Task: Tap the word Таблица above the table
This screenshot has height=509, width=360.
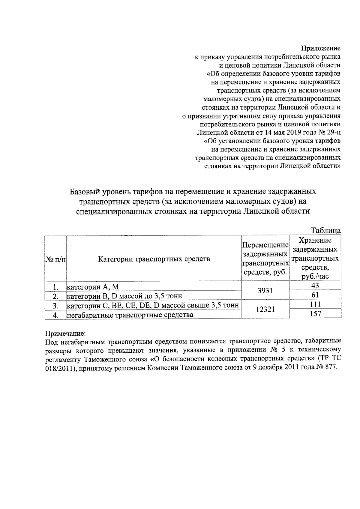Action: tap(326, 230)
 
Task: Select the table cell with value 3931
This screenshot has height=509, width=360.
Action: tap(265, 290)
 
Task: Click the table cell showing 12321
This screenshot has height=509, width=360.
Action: tap(265, 309)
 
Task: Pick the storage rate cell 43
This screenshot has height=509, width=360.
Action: tap(315, 286)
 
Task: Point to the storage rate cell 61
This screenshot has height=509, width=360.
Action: tap(315, 295)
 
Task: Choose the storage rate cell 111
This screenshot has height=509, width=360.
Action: tap(315, 304)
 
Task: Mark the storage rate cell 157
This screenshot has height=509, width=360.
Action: tap(315, 314)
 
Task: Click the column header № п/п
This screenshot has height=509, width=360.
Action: tap(55, 259)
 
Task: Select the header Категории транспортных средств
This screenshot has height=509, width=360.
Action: tap(154, 259)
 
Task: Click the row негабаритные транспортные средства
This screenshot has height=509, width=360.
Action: tap(130, 315)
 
